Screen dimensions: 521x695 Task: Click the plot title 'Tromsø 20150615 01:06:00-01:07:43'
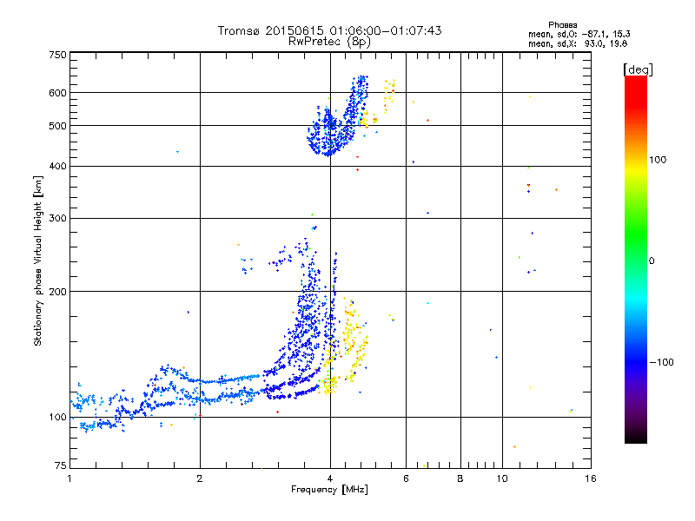(x=329, y=30)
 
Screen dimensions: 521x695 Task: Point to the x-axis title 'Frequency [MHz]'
(x=329, y=491)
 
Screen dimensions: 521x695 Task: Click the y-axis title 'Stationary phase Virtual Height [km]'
(x=38, y=260)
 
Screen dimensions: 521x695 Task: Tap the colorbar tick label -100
(x=662, y=361)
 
